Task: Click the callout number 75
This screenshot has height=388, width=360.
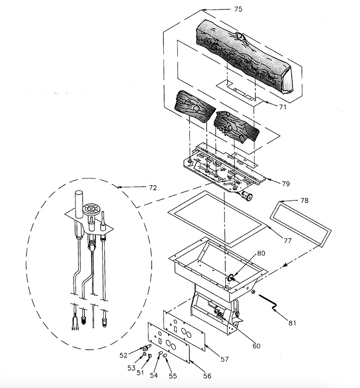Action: click(x=238, y=9)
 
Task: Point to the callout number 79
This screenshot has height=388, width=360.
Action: click(x=285, y=183)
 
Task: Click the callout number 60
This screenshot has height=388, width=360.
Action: click(x=256, y=345)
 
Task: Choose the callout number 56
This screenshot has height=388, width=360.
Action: click(x=206, y=375)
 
